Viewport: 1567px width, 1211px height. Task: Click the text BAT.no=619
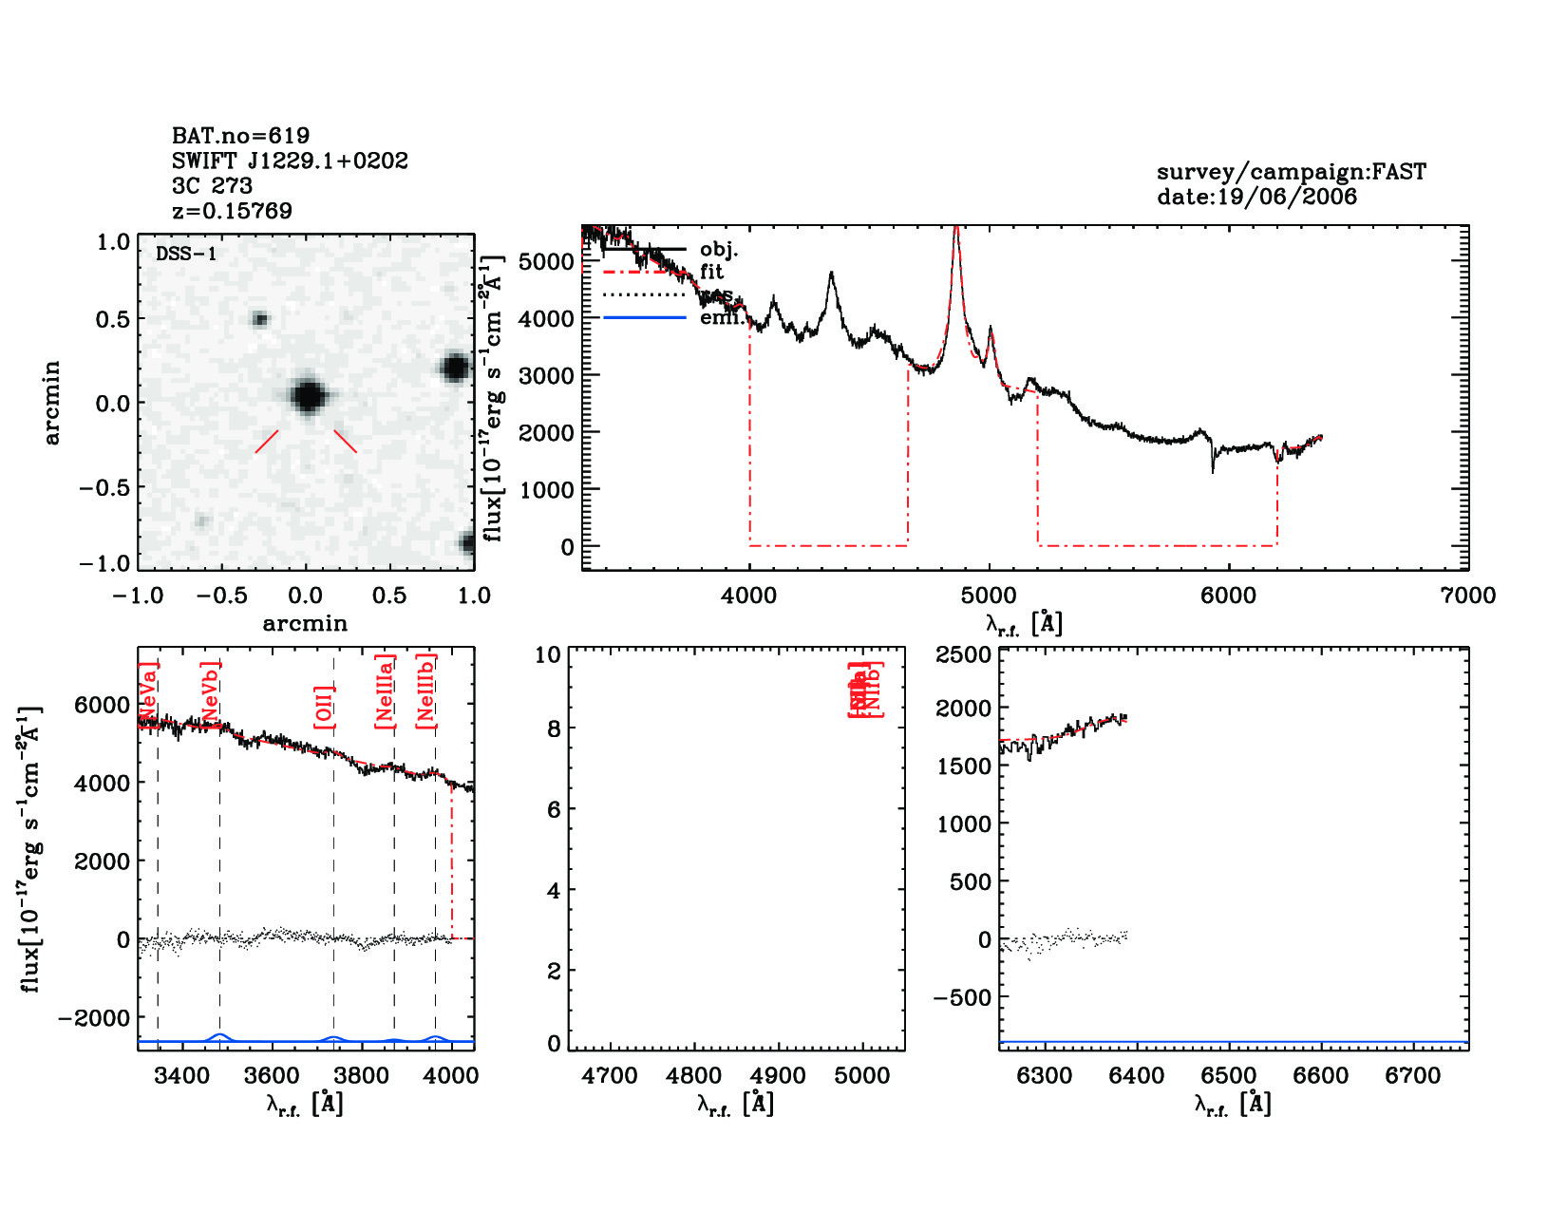240,136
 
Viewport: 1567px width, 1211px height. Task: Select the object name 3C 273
212,185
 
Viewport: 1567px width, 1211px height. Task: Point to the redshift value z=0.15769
232,210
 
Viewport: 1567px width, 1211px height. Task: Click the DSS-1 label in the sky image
186,254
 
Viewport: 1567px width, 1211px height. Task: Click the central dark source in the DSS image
308,395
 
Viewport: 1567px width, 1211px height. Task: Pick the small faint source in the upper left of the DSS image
259,319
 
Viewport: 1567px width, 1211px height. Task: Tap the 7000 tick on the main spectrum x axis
1468,596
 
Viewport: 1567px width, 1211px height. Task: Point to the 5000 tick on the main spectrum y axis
549,261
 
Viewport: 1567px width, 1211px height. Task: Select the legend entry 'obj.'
719,250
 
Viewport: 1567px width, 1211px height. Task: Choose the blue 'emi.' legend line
645,317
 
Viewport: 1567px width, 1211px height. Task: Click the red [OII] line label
324,707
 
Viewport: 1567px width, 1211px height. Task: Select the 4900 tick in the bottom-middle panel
779,1076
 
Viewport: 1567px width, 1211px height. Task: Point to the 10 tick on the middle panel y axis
548,654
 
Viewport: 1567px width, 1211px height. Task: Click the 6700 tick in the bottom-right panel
1413,1076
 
